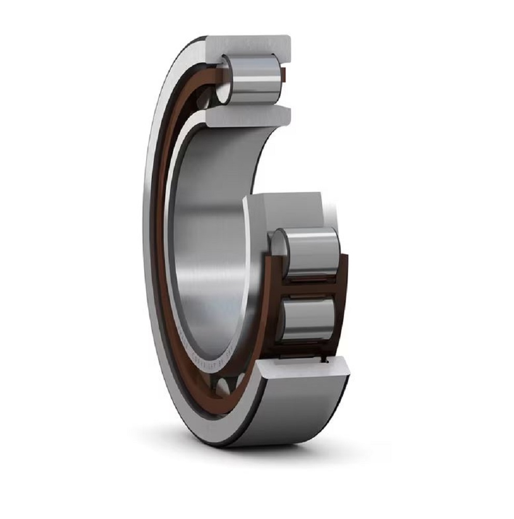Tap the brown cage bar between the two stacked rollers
(309, 288)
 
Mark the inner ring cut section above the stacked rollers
(288, 208)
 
